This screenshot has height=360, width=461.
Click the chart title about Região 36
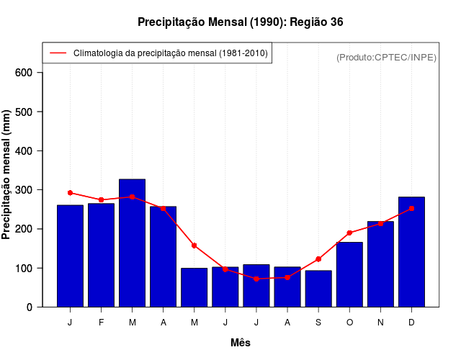click(x=241, y=22)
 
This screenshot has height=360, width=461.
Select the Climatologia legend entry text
click(x=170, y=53)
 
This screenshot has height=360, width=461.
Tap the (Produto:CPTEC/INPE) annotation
click(x=386, y=58)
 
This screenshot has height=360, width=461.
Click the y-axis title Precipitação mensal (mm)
click(x=7, y=175)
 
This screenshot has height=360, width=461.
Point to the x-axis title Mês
click(x=241, y=343)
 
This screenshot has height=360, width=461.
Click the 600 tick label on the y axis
click(x=23, y=73)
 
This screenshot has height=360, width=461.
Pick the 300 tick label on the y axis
click(x=23, y=190)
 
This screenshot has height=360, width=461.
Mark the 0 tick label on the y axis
click(x=29, y=307)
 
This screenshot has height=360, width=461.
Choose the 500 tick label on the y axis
click(x=23, y=112)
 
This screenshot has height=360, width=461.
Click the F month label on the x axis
click(x=102, y=323)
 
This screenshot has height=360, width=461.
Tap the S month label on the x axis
click(x=318, y=323)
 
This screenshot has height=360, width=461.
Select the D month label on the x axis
click(x=411, y=323)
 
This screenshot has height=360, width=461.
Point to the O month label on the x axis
click(x=349, y=323)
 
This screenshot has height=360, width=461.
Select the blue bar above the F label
click(x=102, y=256)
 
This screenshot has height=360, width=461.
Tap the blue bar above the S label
click(x=318, y=289)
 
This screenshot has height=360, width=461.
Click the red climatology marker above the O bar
click(x=349, y=233)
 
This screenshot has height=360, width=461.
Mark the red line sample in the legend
click(x=58, y=53)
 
